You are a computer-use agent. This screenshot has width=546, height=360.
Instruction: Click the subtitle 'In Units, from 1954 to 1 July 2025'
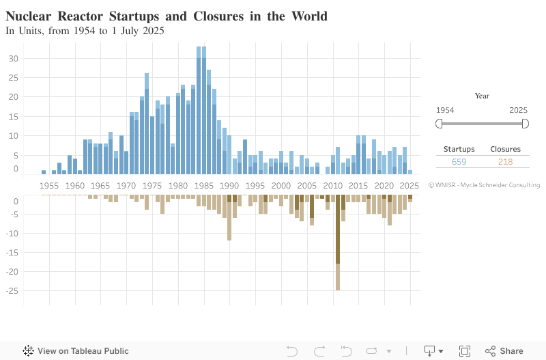click(85, 31)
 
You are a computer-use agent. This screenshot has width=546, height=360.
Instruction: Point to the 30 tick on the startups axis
click(14, 59)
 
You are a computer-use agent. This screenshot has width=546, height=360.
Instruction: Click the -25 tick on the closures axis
click(12, 291)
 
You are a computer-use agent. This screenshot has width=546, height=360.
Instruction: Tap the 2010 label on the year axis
click(332, 186)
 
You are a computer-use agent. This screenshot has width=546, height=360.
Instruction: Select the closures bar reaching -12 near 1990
click(229, 219)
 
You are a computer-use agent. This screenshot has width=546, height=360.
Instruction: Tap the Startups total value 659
click(459, 162)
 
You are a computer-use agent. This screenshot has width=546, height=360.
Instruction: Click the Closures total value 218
click(505, 162)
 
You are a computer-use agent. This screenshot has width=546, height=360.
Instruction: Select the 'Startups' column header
click(459, 149)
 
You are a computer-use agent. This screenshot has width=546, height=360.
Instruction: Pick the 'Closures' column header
click(505, 149)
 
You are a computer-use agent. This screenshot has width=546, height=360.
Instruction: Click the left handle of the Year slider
click(440, 124)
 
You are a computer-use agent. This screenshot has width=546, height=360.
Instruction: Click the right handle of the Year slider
click(525, 124)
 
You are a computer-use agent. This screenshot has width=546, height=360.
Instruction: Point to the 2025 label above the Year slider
click(519, 110)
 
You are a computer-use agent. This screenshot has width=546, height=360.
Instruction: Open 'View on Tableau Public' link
click(76, 351)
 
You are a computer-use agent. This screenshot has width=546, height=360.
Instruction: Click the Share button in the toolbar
click(504, 351)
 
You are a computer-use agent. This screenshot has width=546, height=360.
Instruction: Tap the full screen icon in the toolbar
click(465, 351)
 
